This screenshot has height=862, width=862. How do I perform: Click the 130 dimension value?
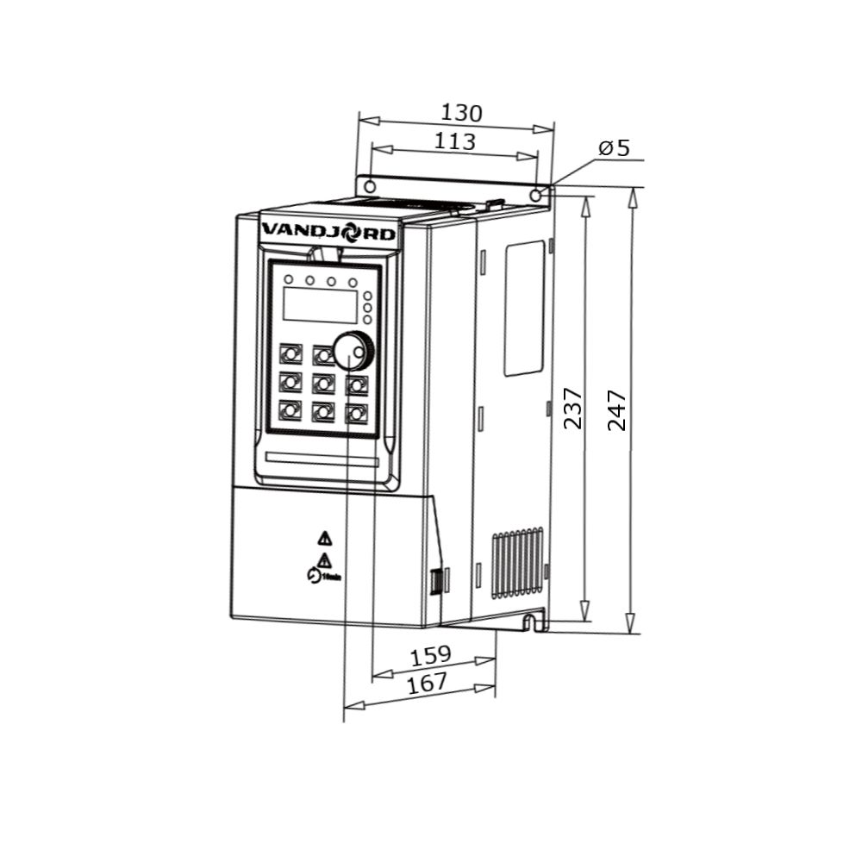[461, 113]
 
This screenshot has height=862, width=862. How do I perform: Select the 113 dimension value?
[454, 141]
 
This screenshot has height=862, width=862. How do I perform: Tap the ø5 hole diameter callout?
[615, 148]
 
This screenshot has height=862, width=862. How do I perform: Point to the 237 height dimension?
[573, 409]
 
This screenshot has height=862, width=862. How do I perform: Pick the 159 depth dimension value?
[430, 656]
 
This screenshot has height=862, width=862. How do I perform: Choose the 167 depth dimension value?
[427, 683]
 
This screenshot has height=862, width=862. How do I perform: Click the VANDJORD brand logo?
[328, 232]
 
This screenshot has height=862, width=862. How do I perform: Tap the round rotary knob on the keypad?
[353, 350]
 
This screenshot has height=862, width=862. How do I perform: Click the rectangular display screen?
[319, 305]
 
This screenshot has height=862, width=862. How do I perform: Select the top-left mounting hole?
[369, 187]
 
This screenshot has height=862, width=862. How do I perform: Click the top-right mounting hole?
[536, 196]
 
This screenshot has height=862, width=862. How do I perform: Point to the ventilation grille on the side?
[517, 563]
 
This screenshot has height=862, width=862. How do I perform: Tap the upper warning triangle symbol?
[324, 538]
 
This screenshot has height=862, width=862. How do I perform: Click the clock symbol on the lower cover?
[314, 576]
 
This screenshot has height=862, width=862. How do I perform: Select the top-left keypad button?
[290, 353]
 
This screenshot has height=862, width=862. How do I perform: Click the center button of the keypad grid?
[323, 381]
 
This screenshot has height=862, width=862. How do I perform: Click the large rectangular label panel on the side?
[524, 307]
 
